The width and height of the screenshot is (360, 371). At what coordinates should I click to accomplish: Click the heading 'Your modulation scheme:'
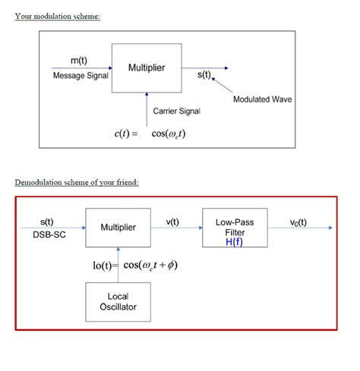pos(58,17)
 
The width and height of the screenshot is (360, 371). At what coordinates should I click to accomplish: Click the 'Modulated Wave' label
pos(262,99)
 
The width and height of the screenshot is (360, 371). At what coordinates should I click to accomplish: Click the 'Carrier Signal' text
pos(177,111)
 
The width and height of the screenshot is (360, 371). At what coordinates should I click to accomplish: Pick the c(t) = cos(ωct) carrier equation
pos(150,134)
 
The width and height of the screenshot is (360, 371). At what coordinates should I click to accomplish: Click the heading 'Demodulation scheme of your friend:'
pos(77,182)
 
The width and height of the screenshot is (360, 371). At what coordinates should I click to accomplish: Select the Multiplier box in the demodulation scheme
pos(118,228)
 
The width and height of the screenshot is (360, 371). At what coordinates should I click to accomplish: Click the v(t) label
pos(172,222)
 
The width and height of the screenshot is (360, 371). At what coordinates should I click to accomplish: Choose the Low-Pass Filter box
pos(234,227)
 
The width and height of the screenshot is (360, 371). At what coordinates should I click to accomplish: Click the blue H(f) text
pos(234,242)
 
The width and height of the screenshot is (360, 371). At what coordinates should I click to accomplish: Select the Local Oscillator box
pos(118,301)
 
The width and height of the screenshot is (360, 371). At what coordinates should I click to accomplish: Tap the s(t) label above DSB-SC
pos(46,222)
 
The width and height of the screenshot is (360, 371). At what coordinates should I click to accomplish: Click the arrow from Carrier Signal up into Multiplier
pos(147,110)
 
